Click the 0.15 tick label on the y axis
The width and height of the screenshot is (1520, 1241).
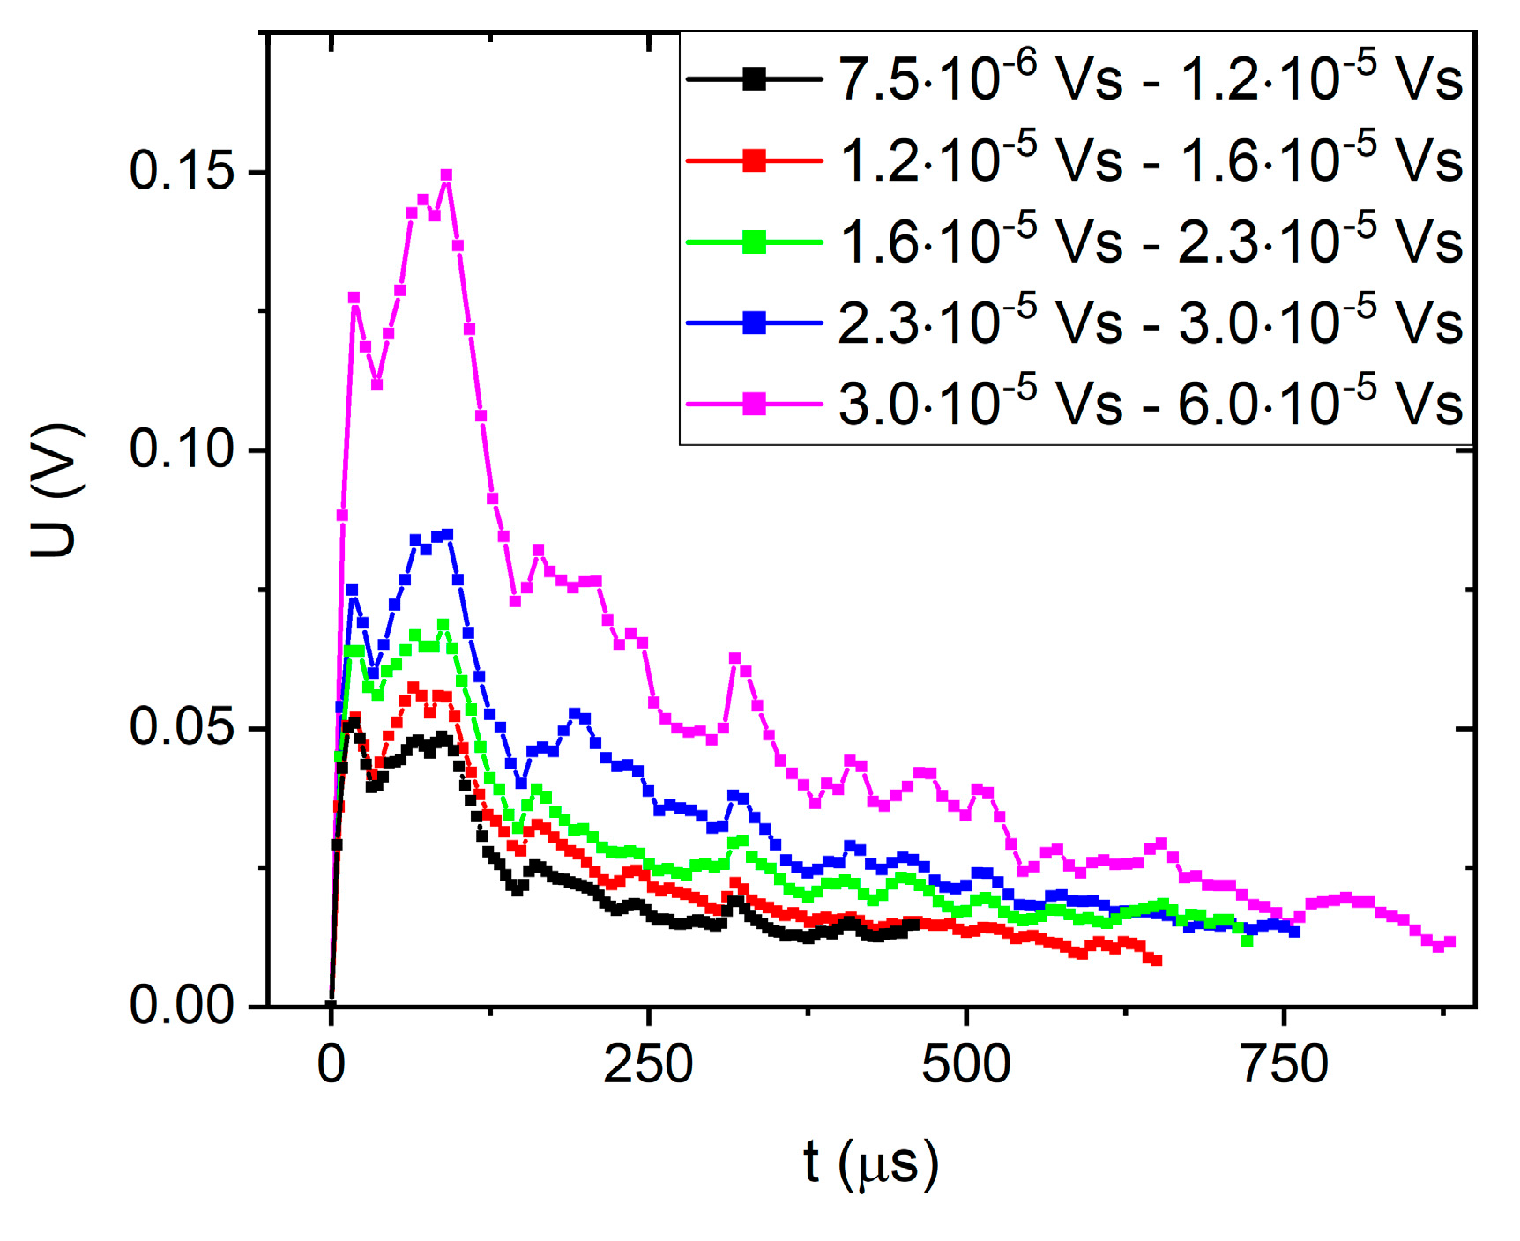click(183, 170)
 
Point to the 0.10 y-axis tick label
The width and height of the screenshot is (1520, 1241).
click(183, 449)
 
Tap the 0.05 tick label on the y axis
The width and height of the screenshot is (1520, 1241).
click(183, 727)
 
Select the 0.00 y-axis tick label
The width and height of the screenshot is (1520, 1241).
click(183, 1005)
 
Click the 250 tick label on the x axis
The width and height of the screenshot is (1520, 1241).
click(648, 1065)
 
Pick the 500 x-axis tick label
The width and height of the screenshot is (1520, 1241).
click(966, 1065)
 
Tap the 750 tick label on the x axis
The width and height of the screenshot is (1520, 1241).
click(1284, 1065)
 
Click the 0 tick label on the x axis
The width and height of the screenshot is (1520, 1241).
click(331, 1065)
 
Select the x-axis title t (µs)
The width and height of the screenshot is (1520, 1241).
click(871, 1163)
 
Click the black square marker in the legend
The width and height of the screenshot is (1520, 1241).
click(754, 79)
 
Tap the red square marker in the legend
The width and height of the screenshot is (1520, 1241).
click(754, 160)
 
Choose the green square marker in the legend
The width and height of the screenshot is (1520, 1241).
click(754, 242)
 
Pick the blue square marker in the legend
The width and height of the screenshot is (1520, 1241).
click(754, 323)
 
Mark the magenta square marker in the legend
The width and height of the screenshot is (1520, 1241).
click(754, 405)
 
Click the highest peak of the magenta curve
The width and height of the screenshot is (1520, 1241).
click(446, 175)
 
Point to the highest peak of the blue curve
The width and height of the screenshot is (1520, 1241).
click(448, 534)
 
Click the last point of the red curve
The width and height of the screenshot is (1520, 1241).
click(1157, 961)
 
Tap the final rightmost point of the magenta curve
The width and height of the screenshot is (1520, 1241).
click(1450, 943)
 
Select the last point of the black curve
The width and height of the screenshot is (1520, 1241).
click(913, 925)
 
